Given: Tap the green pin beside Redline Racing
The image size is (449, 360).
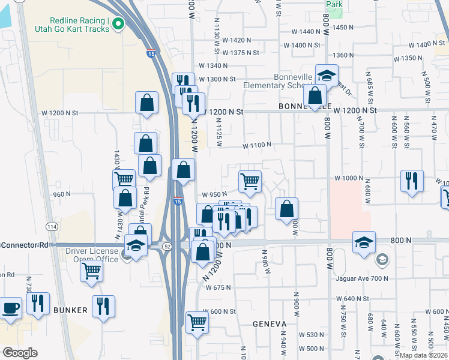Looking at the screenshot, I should point(118,25).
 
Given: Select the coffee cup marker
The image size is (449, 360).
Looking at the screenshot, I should point(11,308).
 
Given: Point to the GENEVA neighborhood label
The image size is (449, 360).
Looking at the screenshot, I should point(270,324).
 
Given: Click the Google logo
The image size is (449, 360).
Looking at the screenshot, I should point(20,353).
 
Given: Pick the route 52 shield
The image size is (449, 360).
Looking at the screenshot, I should point(166,247).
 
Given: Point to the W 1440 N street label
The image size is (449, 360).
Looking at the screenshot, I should point(306,31).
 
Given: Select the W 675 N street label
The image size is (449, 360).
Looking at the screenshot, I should point(218,288).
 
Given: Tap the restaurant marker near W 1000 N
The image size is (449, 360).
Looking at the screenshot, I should point(412,181).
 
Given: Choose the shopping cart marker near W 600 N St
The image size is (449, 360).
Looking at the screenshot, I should point(197,322).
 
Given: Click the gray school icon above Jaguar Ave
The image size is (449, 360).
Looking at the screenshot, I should point(381,260).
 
